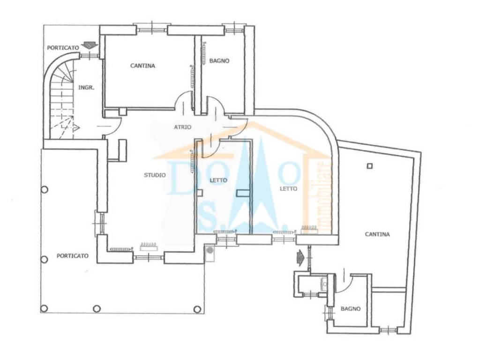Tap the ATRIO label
point(182,127)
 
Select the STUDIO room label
point(154,175)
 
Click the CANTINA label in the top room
point(142,66)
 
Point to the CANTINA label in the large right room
point(377,234)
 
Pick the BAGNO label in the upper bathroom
point(219,60)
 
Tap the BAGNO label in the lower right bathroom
point(351,309)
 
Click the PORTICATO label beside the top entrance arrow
point(62,48)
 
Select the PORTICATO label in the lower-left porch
point(72,256)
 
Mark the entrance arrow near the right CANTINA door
point(300,256)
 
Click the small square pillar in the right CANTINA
point(370,165)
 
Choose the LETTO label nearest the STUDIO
point(218,180)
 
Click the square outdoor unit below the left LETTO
point(210,252)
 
